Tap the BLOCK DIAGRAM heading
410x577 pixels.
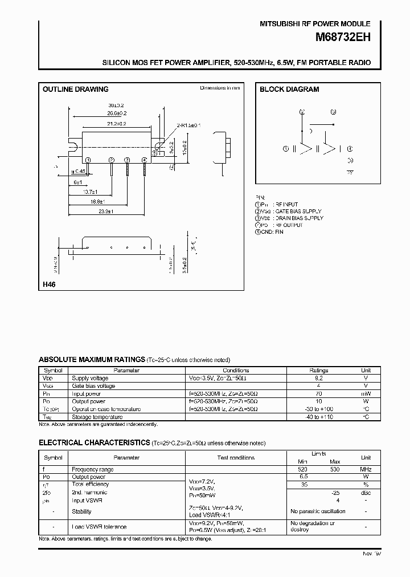289,90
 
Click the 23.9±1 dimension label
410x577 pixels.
106,212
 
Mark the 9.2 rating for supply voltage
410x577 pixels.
319,378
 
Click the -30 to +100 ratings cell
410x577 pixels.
319,409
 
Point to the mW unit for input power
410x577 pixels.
366,393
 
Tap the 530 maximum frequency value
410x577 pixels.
335,469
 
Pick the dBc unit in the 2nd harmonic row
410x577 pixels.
366,493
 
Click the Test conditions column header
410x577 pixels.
236,458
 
